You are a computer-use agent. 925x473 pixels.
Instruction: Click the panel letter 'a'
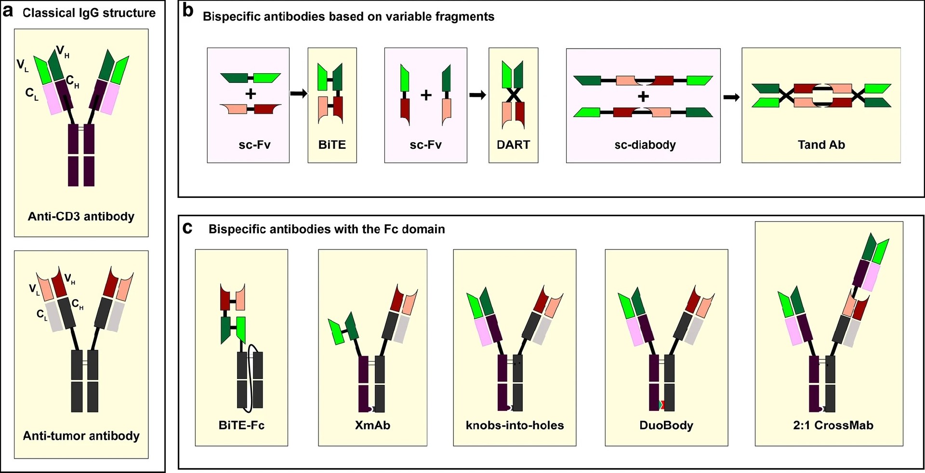click(x=7, y=12)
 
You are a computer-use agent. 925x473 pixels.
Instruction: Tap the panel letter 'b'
click(x=188, y=11)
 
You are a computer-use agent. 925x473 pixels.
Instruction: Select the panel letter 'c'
click(x=187, y=228)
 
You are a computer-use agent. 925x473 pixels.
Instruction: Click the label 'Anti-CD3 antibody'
click(x=81, y=216)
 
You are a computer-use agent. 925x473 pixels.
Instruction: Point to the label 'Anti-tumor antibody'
click(x=81, y=436)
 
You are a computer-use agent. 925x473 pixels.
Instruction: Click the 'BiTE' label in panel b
click(x=332, y=145)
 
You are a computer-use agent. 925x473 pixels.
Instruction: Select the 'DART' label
click(x=513, y=145)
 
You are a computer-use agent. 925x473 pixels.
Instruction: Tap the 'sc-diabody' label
click(x=645, y=145)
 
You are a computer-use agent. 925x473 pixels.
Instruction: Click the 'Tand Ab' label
click(x=821, y=145)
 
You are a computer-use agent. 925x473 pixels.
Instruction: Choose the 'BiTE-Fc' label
click(x=241, y=425)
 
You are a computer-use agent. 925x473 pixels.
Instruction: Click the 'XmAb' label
click(x=372, y=425)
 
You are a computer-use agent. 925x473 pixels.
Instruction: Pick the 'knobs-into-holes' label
click(x=515, y=425)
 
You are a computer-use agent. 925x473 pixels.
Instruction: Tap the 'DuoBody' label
click(x=666, y=425)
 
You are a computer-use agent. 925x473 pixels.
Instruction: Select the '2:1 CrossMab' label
click(x=833, y=425)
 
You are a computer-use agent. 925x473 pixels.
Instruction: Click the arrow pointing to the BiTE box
click(x=299, y=93)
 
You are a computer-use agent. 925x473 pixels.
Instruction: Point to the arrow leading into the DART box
click(x=478, y=95)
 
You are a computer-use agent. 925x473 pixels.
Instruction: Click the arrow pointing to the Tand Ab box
click(x=731, y=97)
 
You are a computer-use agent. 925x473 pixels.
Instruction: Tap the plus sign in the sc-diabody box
click(x=643, y=97)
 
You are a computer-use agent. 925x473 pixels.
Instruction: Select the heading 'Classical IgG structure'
click(x=89, y=13)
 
